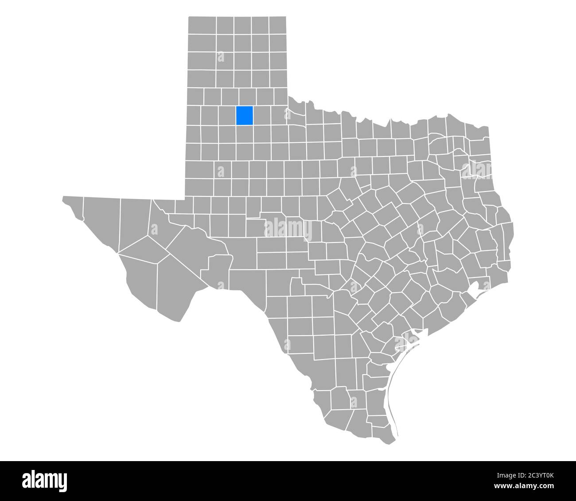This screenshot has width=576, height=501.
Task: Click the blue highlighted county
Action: (244, 115)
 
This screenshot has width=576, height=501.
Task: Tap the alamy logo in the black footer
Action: (45, 480)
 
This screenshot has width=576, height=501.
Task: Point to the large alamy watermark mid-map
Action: (288, 229)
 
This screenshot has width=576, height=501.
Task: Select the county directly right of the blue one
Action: (261, 115)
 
